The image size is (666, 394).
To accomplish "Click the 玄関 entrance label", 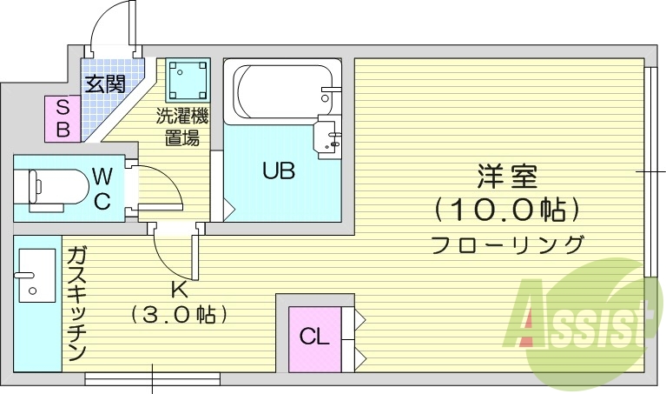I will click(105, 84).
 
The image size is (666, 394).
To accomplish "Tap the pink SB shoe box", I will click(63, 117).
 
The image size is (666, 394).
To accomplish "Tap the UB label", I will click(279, 170).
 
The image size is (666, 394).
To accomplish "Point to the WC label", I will click(102, 189).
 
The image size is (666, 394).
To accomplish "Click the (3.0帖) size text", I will click(177, 312).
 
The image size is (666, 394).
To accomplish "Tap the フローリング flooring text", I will click(507, 244).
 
